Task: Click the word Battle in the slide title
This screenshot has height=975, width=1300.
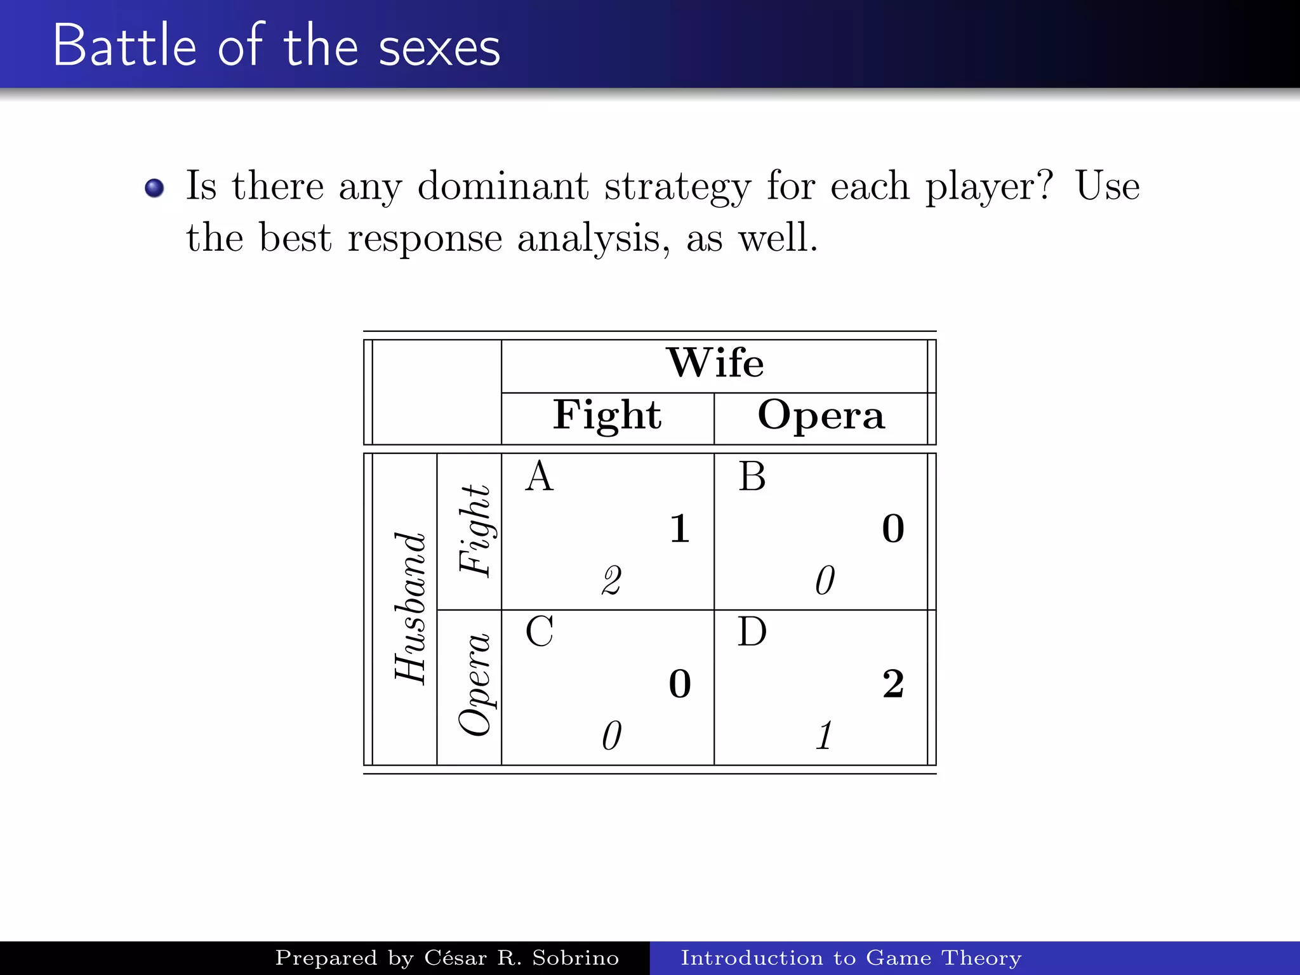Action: pos(124,46)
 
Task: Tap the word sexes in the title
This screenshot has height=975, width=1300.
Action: pos(439,48)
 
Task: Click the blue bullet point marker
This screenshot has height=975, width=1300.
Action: pos(154,188)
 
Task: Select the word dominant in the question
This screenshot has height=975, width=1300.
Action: pos(503,187)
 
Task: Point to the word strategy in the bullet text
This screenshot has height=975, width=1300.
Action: pos(677,188)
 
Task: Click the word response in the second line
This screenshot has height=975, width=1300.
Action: pos(425,239)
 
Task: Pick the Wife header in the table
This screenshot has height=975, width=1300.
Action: pos(715,363)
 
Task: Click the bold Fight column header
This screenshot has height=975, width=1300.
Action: pos(607,416)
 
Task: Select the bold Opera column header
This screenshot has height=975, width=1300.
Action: pos(821,416)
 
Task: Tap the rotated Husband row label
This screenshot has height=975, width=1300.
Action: pos(410,608)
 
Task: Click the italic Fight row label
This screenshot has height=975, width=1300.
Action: pos(475,531)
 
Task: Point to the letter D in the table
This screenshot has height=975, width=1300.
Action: pos(752,632)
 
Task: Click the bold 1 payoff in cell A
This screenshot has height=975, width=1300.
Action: pos(680,529)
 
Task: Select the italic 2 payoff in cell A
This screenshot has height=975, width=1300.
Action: pos(611,580)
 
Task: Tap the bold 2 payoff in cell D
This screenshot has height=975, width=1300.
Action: pos(893,684)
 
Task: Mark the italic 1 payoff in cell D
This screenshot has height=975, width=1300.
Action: pos(824,736)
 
